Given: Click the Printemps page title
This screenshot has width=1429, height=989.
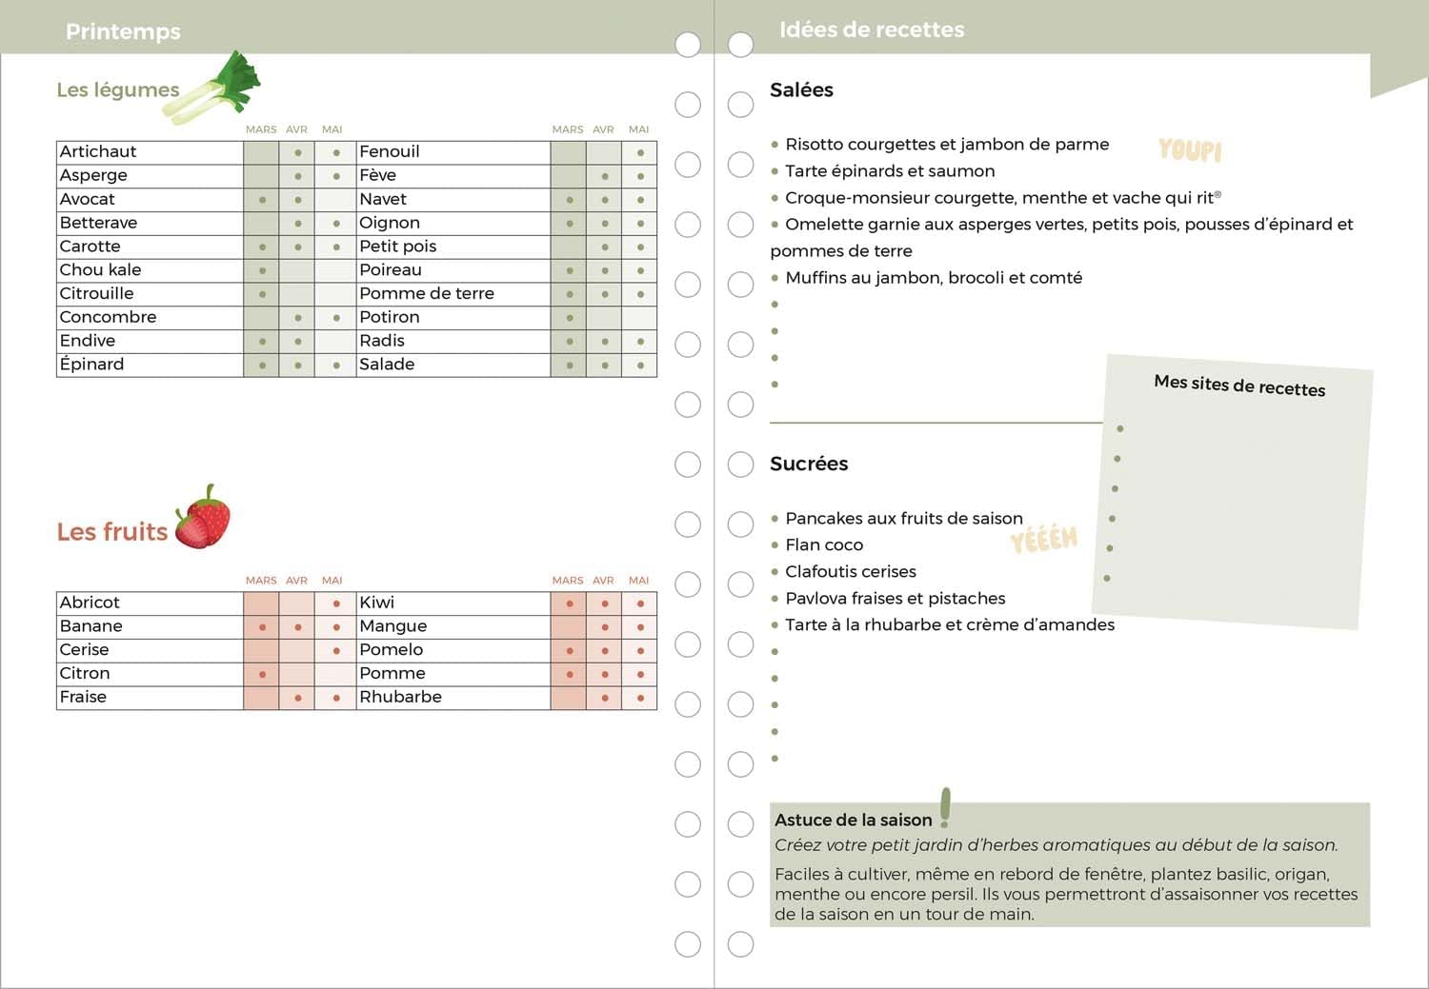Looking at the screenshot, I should (x=123, y=31).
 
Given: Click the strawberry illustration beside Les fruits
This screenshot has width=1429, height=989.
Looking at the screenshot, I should (x=203, y=518).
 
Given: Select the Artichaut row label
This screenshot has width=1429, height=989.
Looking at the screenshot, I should (x=98, y=151).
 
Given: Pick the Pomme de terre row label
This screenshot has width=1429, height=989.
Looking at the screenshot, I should (x=427, y=293).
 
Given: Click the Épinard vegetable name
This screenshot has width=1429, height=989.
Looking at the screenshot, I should (x=91, y=365).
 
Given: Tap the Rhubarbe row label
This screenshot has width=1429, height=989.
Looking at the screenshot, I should (x=400, y=697).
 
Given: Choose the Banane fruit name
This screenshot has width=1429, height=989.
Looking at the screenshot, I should (x=91, y=626).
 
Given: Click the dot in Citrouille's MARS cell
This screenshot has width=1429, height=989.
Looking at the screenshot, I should (x=262, y=294).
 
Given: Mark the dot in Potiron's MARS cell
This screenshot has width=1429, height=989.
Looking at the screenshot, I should (x=570, y=318).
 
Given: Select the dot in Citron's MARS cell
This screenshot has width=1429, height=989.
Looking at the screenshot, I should (x=262, y=675).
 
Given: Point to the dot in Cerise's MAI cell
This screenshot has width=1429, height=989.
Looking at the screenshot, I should (x=336, y=651).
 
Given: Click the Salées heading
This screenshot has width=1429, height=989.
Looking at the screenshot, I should (x=801, y=90).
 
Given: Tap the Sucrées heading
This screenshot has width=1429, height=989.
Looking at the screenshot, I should (x=809, y=464).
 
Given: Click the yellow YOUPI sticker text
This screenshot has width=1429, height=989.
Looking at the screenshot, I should (x=1190, y=149).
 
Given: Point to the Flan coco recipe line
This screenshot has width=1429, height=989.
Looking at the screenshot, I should (x=824, y=544).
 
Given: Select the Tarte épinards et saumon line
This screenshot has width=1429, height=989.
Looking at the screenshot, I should (x=890, y=171).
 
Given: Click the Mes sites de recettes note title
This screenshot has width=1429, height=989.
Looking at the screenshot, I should (x=1239, y=385).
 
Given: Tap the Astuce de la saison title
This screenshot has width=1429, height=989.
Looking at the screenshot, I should (x=853, y=820).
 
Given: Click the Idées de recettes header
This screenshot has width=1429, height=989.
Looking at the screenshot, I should (x=872, y=30).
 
